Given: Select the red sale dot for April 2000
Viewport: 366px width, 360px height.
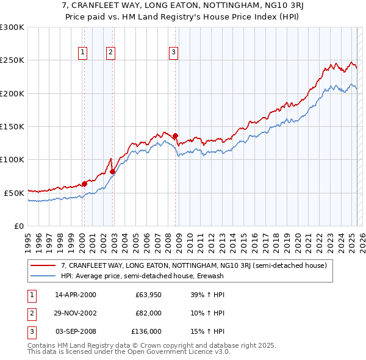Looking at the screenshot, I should pos(84,183).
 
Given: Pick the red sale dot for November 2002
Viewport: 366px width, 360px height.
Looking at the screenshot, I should pos(113,171).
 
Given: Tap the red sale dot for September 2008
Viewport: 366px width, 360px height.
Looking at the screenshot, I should pos(175,135).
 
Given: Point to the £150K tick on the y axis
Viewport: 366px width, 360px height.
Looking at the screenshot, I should pos(12,127).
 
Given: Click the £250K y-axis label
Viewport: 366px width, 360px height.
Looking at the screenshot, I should pos(12,60).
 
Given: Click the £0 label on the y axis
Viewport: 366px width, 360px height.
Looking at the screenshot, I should pos(18,226).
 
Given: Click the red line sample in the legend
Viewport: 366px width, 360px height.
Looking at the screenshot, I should pos(43,265).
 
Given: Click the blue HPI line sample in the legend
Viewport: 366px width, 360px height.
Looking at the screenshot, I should pos(43,276).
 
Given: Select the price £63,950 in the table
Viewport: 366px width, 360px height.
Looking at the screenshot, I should pos(148,295).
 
